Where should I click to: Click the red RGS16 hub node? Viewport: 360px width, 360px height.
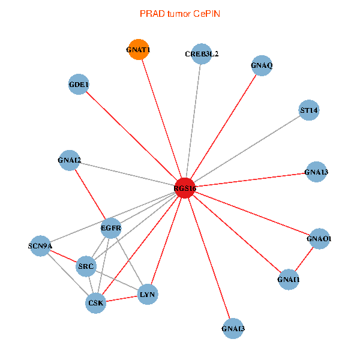point(185,188)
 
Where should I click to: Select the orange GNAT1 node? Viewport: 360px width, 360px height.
point(138,50)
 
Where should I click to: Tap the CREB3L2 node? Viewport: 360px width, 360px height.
point(202,54)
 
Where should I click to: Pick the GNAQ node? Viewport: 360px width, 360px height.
point(262,65)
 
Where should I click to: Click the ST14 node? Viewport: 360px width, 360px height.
point(309,110)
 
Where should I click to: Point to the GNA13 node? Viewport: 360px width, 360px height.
point(316,173)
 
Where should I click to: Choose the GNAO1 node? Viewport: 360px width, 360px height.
point(319,239)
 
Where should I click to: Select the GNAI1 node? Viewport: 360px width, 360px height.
point(289,279)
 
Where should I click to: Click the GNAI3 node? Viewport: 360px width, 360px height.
point(233,328)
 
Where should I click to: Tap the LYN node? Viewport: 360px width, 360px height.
point(148,294)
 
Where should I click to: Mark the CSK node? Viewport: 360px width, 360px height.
point(96,302)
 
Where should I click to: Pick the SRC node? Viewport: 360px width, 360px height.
point(86,265)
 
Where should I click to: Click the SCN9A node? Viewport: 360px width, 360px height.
point(40,245)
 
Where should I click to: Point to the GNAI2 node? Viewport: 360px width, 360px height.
point(70,160)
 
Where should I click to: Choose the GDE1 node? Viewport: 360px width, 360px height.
point(79,85)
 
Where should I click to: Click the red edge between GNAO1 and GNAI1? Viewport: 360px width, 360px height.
point(304,259)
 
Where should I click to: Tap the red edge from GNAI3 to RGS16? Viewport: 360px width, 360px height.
point(209,258)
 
